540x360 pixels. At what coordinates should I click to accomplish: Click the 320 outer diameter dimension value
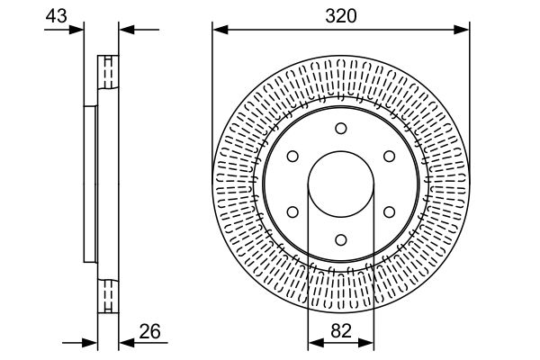341,15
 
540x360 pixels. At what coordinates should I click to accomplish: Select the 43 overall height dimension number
56,15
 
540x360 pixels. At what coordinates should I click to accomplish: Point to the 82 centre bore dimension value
341,330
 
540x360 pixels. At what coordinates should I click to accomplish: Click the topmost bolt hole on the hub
341,129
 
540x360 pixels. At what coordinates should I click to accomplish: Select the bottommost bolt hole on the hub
341,239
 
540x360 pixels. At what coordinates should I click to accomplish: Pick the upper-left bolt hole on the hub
292,157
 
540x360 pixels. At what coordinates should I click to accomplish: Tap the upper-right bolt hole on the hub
389,157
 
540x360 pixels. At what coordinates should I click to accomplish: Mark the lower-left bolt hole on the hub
292,211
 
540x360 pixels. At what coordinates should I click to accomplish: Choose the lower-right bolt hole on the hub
389,211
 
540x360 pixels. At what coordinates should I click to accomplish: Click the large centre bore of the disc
341,184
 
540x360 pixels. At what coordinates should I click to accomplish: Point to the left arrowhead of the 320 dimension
219,31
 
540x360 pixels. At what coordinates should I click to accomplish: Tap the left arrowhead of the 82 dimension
314,343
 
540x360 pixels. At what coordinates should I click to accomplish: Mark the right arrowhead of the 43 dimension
125,31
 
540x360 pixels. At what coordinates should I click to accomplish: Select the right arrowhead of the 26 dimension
125,343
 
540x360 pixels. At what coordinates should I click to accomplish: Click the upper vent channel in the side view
108,73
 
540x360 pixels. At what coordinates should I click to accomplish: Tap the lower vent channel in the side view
108,294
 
